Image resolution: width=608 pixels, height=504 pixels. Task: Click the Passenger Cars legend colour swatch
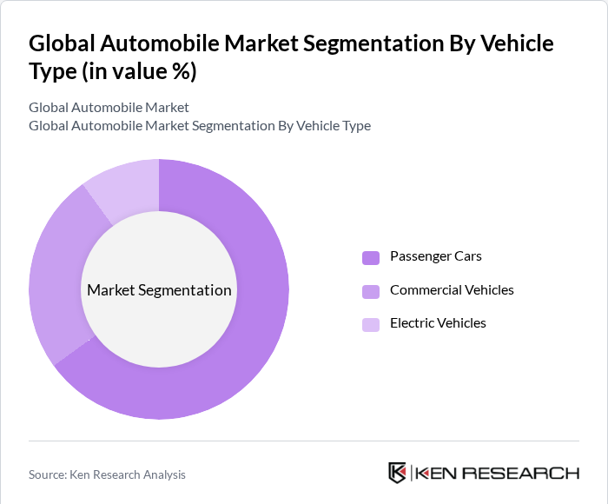[371, 257]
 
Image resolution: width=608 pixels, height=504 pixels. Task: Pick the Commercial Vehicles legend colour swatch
[371, 290]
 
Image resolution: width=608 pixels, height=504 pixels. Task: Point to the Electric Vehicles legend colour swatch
[371, 324]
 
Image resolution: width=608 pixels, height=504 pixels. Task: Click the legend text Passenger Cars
[435, 256]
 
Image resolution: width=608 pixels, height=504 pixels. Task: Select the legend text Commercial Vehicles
[452, 290]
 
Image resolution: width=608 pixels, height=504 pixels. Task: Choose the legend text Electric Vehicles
[438, 323]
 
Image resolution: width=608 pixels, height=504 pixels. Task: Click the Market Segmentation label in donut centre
[159, 290]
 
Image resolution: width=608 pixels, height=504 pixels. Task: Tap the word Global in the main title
[63, 43]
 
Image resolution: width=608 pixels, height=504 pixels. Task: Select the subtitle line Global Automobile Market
[109, 108]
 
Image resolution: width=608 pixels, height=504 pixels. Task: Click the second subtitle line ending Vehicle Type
[199, 126]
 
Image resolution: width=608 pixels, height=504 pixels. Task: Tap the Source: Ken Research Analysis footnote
[107, 474]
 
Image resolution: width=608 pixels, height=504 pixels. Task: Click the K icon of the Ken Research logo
[397, 473]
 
